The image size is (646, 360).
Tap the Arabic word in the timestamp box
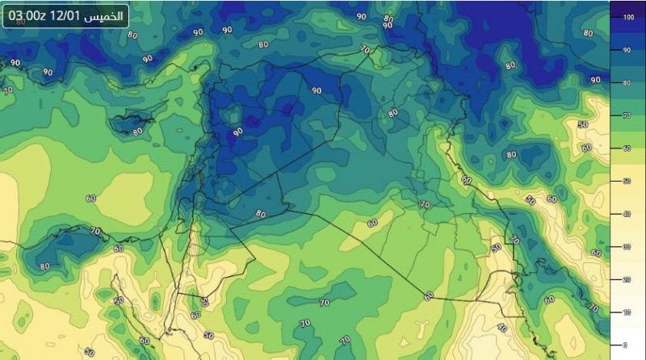[x=107, y=15]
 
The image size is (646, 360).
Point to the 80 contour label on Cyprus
[x=137, y=130]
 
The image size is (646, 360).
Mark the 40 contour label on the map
[x=501, y=328]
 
